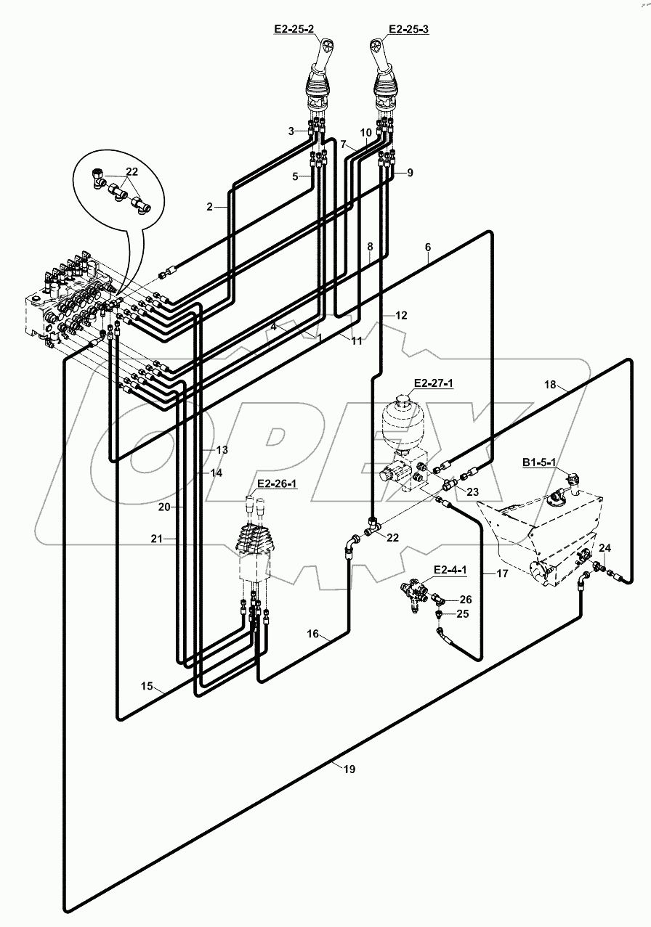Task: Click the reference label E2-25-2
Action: pyautogui.click(x=294, y=30)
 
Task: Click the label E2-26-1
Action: pyautogui.click(x=275, y=485)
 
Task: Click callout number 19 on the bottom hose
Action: pyautogui.click(x=349, y=769)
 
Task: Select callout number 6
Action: pyautogui.click(x=429, y=247)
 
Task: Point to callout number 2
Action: pyautogui.click(x=210, y=207)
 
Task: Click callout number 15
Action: pyautogui.click(x=147, y=685)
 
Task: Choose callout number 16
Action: pyautogui.click(x=312, y=634)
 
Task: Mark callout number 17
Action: pyautogui.click(x=501, y=573)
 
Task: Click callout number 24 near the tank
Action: pyautogui.click(x=604, y=547)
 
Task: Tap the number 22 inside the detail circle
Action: pyautogui.click(x=132, y=171)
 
